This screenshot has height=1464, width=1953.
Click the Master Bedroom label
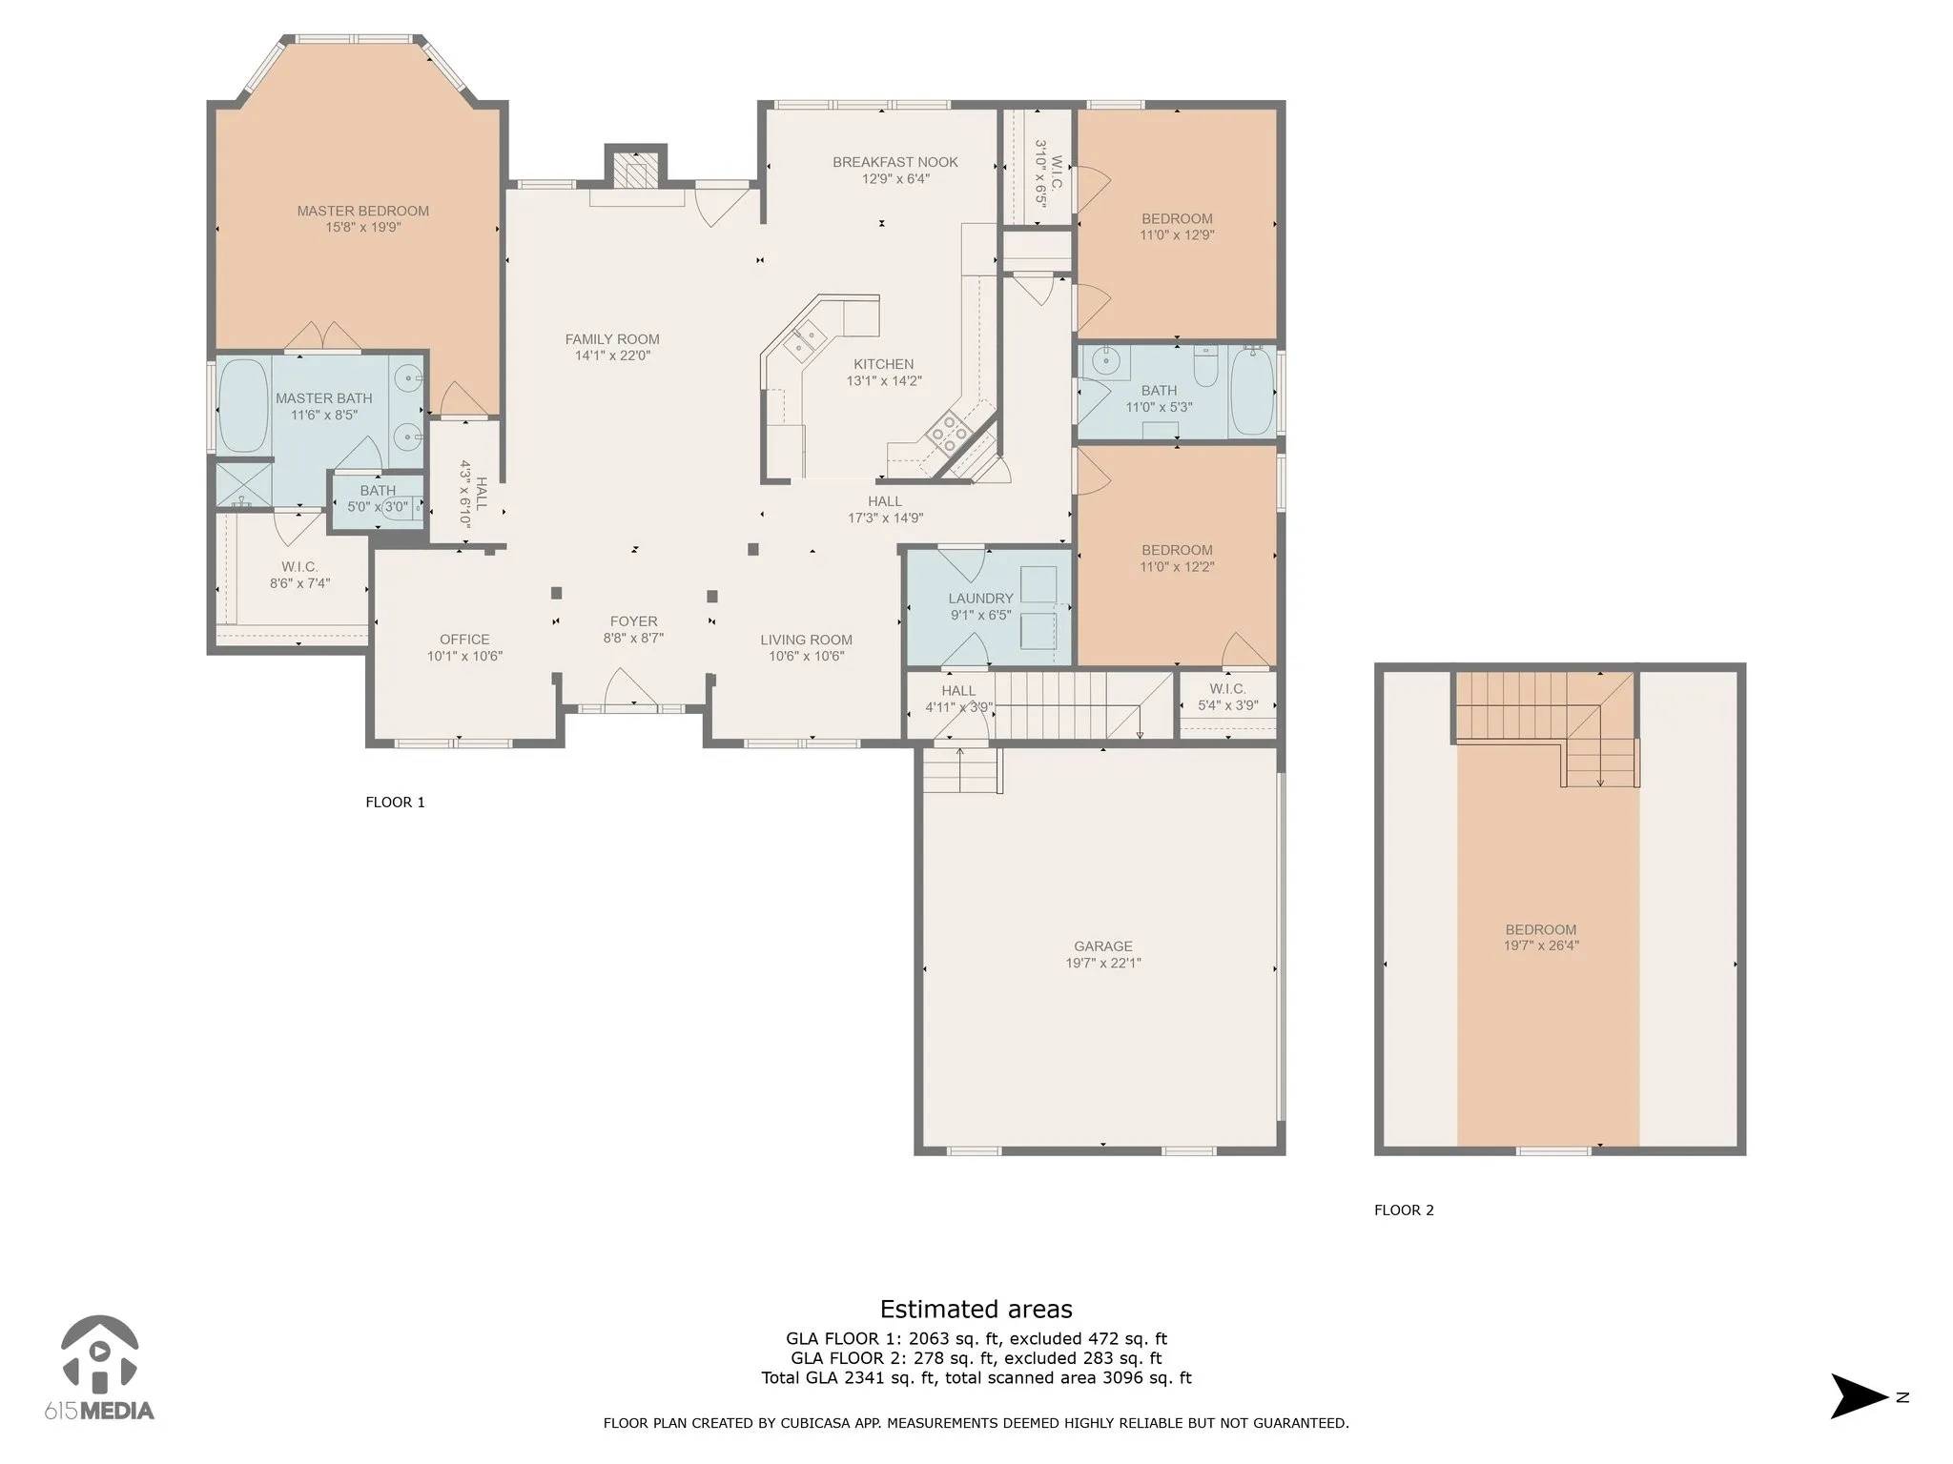pos(362,211)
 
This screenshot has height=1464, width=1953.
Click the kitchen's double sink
pos(803,340)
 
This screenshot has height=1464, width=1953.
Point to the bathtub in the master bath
pos(244,405)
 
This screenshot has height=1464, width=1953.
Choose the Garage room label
pos(1103,946)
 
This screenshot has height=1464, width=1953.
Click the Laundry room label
pos(980,599)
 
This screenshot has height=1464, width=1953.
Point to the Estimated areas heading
pos(976,1309)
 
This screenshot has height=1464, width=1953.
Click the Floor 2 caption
pos(1404,1210)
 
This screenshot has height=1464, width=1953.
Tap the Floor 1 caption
pos(395,803)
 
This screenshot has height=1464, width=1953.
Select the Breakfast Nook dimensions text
pos(895,179)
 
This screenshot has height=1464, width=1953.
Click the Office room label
pos(464,640)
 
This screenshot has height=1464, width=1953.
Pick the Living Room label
pos(807,640)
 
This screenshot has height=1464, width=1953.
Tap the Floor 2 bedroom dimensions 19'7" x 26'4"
pos(1541,946)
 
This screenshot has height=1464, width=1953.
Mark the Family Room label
pos(612,339)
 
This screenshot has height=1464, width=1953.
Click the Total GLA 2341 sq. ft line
pos(976,1377)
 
